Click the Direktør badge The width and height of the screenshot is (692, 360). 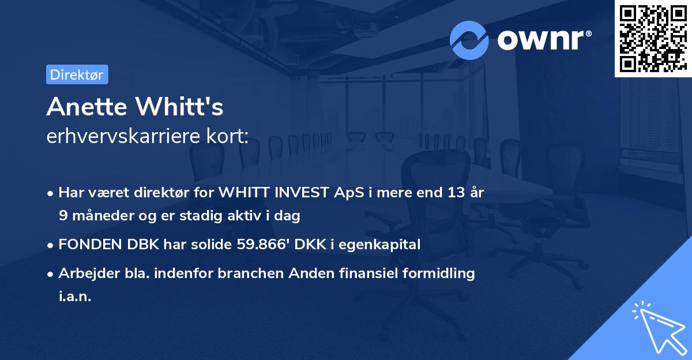pos(77,74)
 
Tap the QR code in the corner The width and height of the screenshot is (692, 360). pos(653,38)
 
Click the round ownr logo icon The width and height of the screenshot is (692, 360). pos(469,40)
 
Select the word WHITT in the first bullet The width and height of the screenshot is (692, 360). pos(259,193)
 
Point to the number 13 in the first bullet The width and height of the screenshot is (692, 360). pos(451,193)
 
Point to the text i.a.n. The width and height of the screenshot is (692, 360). pos(75,297)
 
